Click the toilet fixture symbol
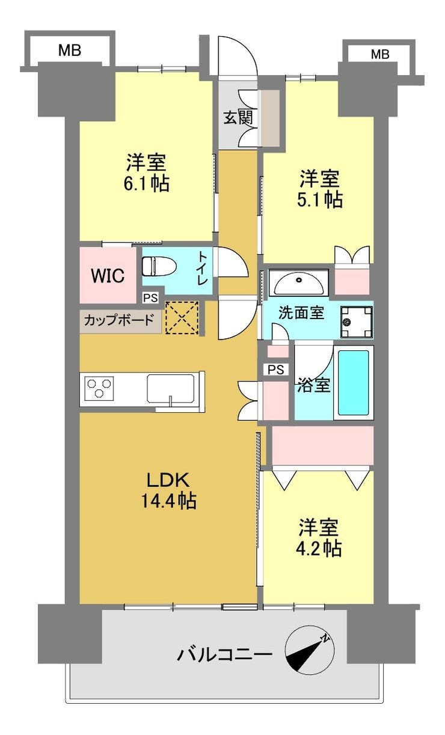159,266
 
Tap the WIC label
108,276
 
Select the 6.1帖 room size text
146,184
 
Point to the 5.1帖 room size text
319,199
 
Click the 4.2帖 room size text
319,548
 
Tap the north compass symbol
309,650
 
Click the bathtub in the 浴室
354,383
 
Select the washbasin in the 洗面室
298,283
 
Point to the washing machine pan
357,322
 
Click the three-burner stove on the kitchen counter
99,388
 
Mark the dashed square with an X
182,318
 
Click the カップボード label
118,320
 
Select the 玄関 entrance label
239,117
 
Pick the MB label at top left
70,51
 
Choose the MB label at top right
380,54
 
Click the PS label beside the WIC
150,298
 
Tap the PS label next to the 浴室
275,370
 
